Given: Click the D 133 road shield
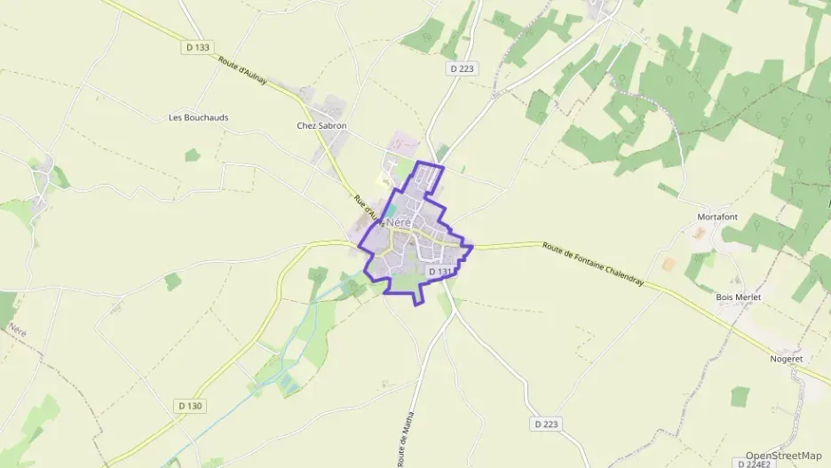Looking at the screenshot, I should click(x=198, y=47).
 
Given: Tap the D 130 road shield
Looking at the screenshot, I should click(x=189, y=406).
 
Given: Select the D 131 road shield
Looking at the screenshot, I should click(x=439, y=272).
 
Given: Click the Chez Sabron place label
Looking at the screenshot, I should click(x=321, y=126).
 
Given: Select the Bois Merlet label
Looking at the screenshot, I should click(x=739, y=297).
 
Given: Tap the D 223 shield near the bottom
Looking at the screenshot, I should click(x=548, y=424).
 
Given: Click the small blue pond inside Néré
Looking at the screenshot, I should click(x=392, y=210).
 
